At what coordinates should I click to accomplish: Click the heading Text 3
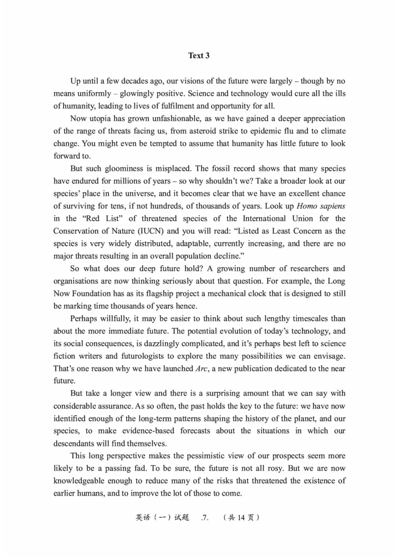point(199,56)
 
